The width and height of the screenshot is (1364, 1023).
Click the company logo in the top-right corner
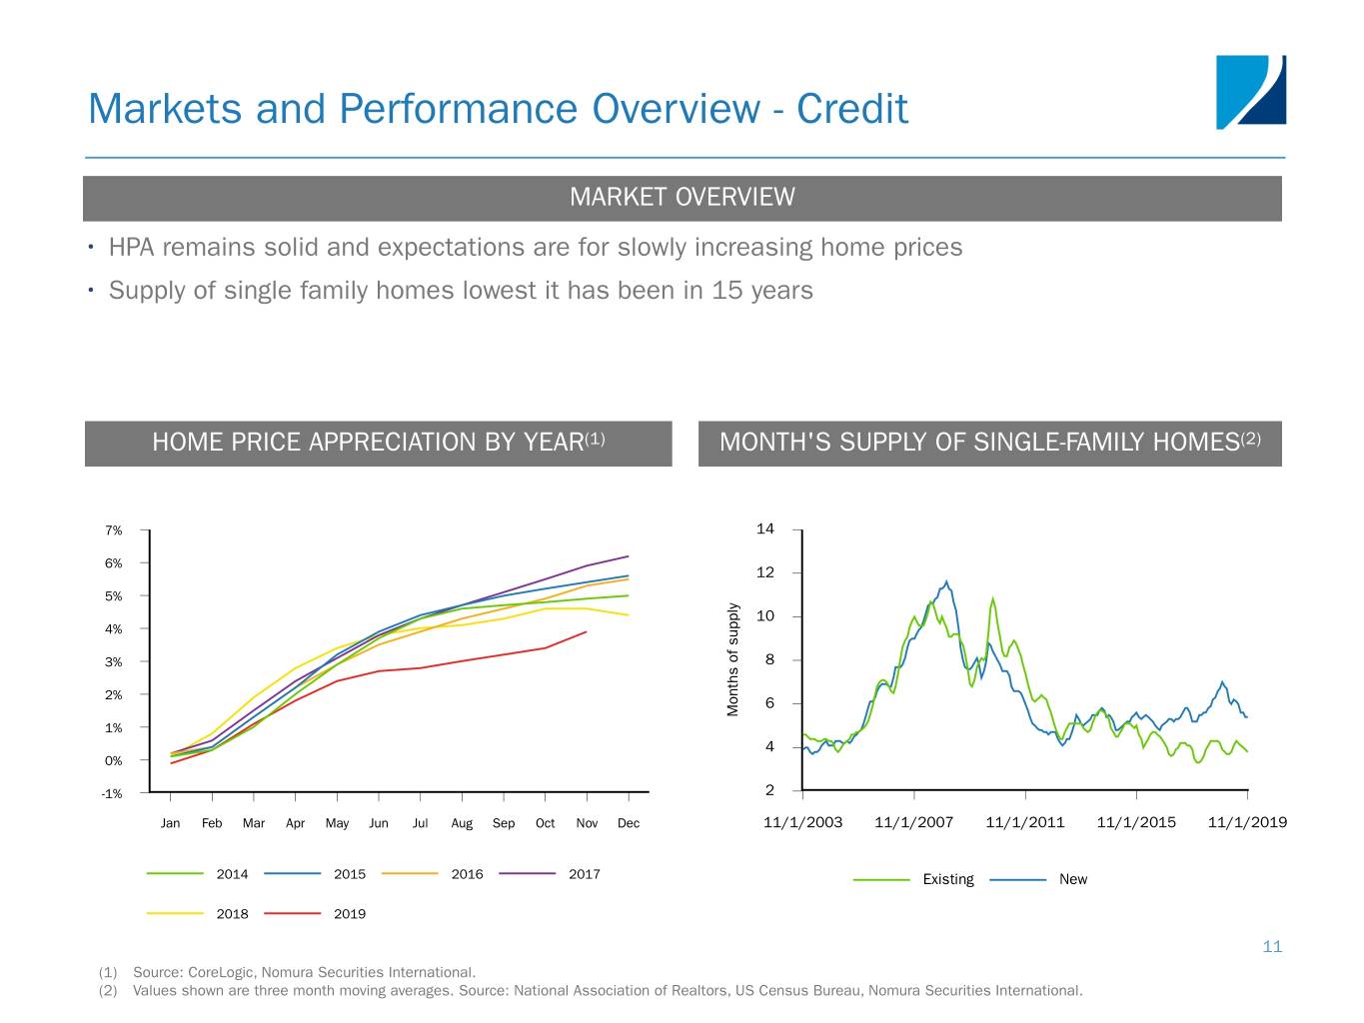tap(1250, 92)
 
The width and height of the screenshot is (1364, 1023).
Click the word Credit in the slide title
tap(851, 109)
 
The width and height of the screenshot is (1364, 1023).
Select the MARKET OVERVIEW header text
tap(682, 197)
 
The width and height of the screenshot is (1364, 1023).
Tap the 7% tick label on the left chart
tap(113, 530)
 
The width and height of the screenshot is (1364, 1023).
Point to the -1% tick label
tap(112, 794)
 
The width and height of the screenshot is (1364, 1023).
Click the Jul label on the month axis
tap(420, 823)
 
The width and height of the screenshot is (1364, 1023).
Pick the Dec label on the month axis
tap(629, 823)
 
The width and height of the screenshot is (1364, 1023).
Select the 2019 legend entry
tap(349, 914)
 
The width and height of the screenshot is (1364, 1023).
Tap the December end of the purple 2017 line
tap(629, 556)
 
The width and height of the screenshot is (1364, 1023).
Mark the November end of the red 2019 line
tap(587, 631)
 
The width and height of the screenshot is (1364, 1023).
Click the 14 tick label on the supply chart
tap(765, 528)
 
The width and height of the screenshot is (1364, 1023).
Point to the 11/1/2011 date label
tap(1024, 822)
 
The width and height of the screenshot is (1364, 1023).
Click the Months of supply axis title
tap(733, 659)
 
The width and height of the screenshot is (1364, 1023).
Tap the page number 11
tap(1272, 946)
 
